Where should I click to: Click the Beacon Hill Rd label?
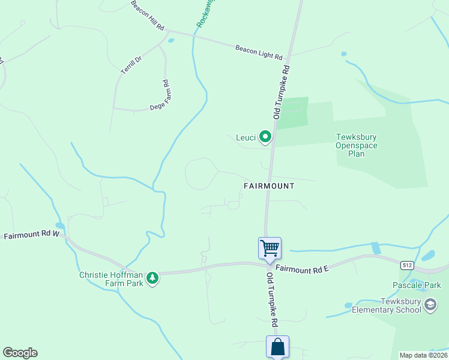point(148,16)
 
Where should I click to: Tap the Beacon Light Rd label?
point(259,52)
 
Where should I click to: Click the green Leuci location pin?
point(265,137)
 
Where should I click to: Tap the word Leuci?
point(246,137)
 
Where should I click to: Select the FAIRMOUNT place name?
point(269,186)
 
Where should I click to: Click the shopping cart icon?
point(270,248)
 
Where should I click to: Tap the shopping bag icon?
point(277,346)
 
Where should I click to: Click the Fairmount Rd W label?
point(32,235)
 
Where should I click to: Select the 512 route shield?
point(408,264)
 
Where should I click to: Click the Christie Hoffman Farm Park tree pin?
point(153,278)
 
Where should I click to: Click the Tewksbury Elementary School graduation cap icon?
point(430,305)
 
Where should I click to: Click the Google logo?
point(20,353)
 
